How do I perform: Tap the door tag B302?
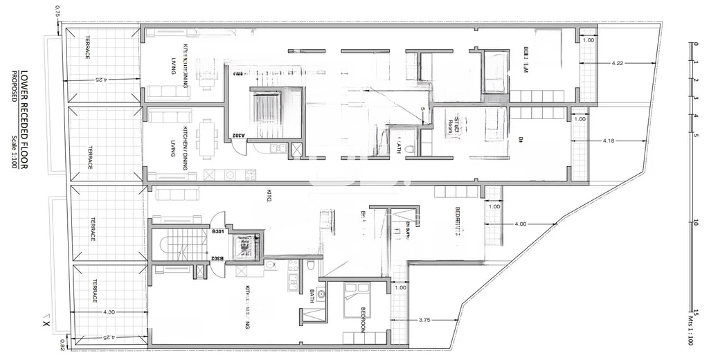(x=217, y=258)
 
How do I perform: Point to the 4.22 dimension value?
(x=618, y=64)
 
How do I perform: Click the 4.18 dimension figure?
(x=609, y=141)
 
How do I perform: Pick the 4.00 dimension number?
(x=521, y=224)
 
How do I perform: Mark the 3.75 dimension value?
(x=428, y=320)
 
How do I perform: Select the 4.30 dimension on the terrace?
(x=108, y=313)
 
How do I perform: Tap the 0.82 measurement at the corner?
(x=62, y=344)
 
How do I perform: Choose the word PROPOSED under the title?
(x=13, y=87)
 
